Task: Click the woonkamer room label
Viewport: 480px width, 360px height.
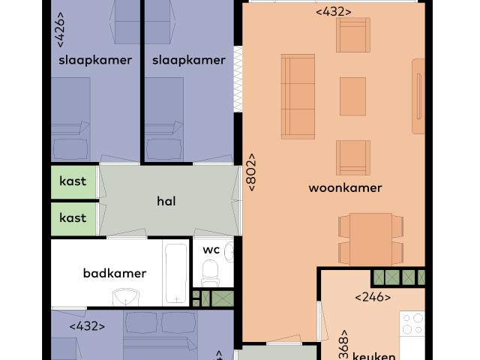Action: coord(345,188)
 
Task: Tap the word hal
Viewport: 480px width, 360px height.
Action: coord(166,201)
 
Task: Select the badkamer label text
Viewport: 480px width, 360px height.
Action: coord(114,273)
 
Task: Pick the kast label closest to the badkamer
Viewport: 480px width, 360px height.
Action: coord(73,217)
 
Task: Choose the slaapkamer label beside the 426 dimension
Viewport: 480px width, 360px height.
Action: coord(95,60)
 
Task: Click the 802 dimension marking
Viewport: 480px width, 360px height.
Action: coord(252,172)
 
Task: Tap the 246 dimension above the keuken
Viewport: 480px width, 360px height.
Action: coord(373,297)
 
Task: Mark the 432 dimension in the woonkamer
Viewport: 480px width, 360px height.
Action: coord(334,11)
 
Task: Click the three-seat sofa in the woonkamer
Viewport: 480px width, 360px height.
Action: coord(298,96)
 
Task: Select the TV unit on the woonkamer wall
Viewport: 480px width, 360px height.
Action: coord(418,96)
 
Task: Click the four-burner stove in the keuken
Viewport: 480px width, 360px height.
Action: coord(413,324)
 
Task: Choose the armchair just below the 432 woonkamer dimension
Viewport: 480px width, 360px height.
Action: coord(353,34)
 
